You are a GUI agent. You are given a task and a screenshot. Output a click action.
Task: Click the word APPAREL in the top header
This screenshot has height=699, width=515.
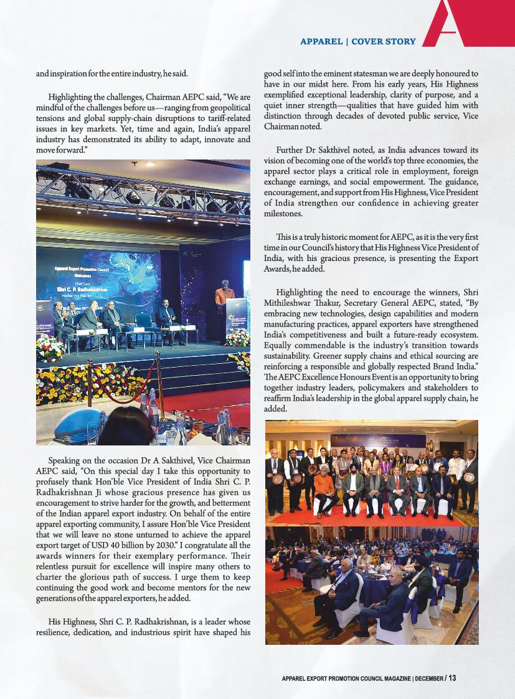[321, 42]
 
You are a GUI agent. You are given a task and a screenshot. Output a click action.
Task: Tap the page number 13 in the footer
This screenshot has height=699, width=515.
[452, 678]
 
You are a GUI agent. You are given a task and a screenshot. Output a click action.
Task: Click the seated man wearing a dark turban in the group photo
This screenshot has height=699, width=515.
[353, 488]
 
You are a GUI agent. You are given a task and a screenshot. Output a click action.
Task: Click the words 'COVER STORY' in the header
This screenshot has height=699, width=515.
[384, 42]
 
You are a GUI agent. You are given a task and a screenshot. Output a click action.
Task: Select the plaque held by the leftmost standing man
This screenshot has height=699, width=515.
[278, 479]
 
